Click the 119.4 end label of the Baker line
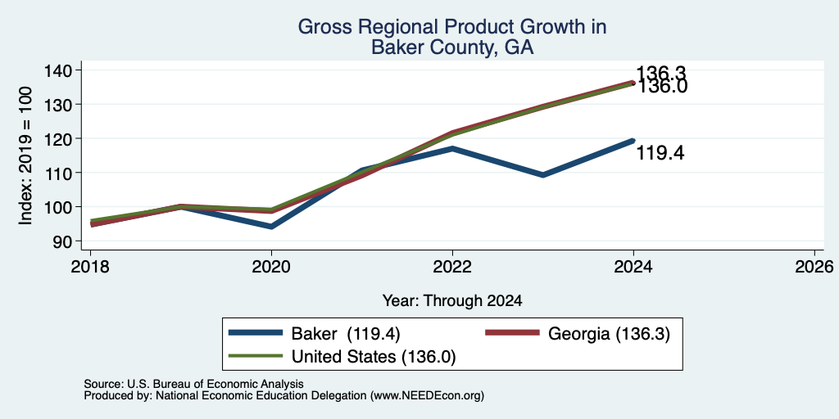(x=660, y=154)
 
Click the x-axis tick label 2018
(x=90, y=266)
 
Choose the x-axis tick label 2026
(x=814, y=266)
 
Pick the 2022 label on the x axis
(x=452, y=266)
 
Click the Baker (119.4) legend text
(x=346, y=334)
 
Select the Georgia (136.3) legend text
(x=609, y=334)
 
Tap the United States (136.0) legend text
(x=374, y=356)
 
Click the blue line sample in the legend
(x=256, y=333)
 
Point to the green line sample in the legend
(x=256, y=355)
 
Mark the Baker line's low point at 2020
(x=271, y=227)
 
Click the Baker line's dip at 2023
(x=543, y=175)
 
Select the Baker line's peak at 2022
(x=452, y=148)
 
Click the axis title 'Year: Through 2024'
(x=452, y=301)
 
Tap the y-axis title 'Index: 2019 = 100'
(x=25, y=155)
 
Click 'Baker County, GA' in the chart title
(x=452, y=47)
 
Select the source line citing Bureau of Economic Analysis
(x=193, y=384)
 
